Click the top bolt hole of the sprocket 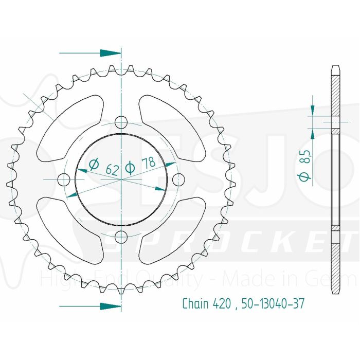(x=121, y=122)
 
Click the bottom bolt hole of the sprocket (x=121, y=237)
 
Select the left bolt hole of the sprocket (x=64, y=179)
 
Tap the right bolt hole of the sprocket (x=178, y=179)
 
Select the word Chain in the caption (x=194, y=303)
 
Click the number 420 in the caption (x=220, y=303)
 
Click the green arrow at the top (x=109, y=52)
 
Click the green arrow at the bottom (x=109, y=306)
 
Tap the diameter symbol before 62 (x=94, y=165)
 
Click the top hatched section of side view (x=335, y=98)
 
